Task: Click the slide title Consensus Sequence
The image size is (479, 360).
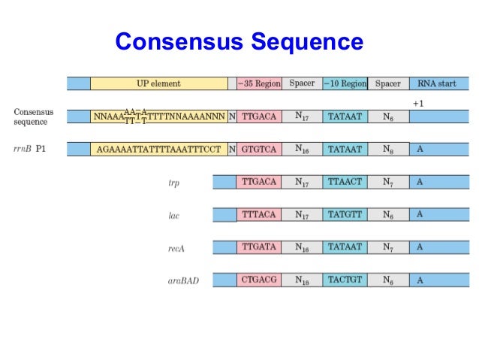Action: [239, 41]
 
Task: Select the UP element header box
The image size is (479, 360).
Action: [158, 83]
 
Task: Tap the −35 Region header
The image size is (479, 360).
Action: [259, 83]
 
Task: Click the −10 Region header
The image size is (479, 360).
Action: [345, 83]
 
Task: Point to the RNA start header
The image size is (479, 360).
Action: [438, 83]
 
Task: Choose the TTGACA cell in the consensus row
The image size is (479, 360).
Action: [259, 116]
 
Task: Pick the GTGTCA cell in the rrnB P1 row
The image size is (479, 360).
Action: [259, 149]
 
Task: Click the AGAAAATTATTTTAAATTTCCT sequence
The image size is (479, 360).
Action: [159, 149]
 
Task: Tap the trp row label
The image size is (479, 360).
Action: [174, 183]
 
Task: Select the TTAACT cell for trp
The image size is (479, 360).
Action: [345, 182]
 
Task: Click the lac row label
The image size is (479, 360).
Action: [174, 216]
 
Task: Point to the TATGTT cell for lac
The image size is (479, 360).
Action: [345, 214]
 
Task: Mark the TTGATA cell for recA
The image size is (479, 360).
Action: [259, 247]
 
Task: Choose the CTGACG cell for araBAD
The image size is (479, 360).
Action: [259, 280]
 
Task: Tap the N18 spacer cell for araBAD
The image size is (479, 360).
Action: [302, 280]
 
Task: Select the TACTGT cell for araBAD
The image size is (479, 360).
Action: [345, 280]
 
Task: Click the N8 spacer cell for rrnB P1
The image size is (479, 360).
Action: [387, 149]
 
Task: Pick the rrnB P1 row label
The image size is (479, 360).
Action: [30, 149]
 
